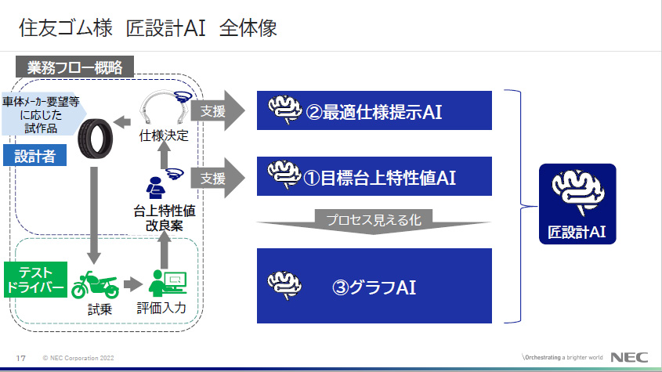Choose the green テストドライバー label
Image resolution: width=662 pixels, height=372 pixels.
coord(34,278)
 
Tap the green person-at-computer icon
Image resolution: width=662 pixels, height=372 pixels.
coord(168,282)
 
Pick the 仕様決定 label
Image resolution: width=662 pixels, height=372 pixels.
coord(163,135)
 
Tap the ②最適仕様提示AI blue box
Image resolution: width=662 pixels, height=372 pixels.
coord(374,110)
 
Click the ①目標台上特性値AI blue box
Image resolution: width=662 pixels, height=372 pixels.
coord(374,176)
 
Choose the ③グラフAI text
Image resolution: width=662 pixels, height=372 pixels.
coord(374,287)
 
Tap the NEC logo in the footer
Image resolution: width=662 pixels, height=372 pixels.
coord(630,357)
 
